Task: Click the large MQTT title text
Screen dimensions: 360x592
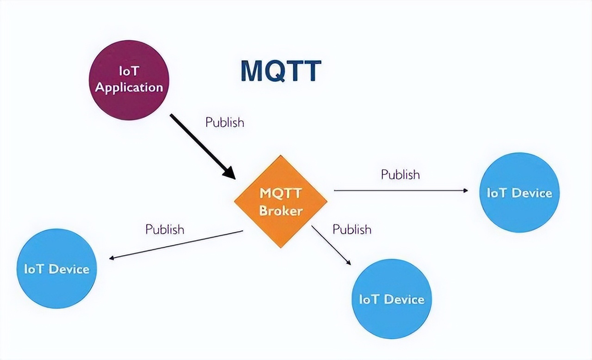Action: click(281, 71)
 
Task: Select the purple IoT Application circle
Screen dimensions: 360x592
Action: click(129, 80)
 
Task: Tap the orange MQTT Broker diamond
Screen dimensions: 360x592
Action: click(281, 202)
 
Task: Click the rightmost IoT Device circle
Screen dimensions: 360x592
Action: click(519, 192)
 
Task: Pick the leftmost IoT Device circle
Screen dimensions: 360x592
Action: click(56, 268)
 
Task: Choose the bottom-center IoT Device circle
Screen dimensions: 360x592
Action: click(392, 299)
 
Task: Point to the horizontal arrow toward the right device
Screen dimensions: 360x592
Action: click(400, 190)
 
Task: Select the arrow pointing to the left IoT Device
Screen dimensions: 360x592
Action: click(176, 244)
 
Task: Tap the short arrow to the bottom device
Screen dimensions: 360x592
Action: click(330, 245)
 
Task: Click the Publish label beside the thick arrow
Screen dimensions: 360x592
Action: click(225, 122)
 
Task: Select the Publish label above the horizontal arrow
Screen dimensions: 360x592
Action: click(401, 174)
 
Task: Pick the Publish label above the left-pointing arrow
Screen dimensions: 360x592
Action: click(165, 229)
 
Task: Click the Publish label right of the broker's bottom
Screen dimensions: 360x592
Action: click(352, 229)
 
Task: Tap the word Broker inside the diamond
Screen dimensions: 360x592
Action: click(281, 211)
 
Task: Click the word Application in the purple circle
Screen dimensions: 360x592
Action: click(129, 87)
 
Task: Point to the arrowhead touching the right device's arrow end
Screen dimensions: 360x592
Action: click(465, 190)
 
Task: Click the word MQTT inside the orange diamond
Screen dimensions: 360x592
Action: click(281, 192)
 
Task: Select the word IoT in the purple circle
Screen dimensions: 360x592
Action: click(129, 72)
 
